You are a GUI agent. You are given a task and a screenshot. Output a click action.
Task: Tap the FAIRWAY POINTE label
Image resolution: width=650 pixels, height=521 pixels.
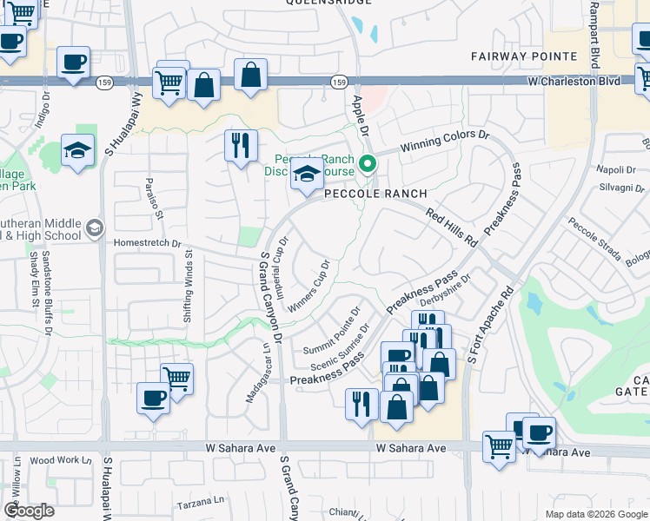(x=524, y=56)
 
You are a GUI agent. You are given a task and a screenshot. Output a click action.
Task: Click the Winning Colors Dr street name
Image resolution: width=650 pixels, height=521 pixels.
(x=444, y=142)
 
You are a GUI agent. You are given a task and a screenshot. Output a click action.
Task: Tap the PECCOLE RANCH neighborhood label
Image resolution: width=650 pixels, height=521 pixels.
(x=375, y=194)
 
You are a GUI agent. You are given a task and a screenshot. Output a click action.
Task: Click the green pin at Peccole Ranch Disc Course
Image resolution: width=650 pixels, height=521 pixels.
(x=368, y=163)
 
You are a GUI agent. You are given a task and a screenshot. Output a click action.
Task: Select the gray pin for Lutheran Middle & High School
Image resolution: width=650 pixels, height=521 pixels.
(x=94, y=229)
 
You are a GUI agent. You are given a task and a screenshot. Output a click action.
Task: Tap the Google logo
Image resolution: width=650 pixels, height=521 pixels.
(x=29, y=511)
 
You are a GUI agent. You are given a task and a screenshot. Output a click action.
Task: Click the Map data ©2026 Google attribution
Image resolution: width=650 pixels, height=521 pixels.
(x=595, y=514)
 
